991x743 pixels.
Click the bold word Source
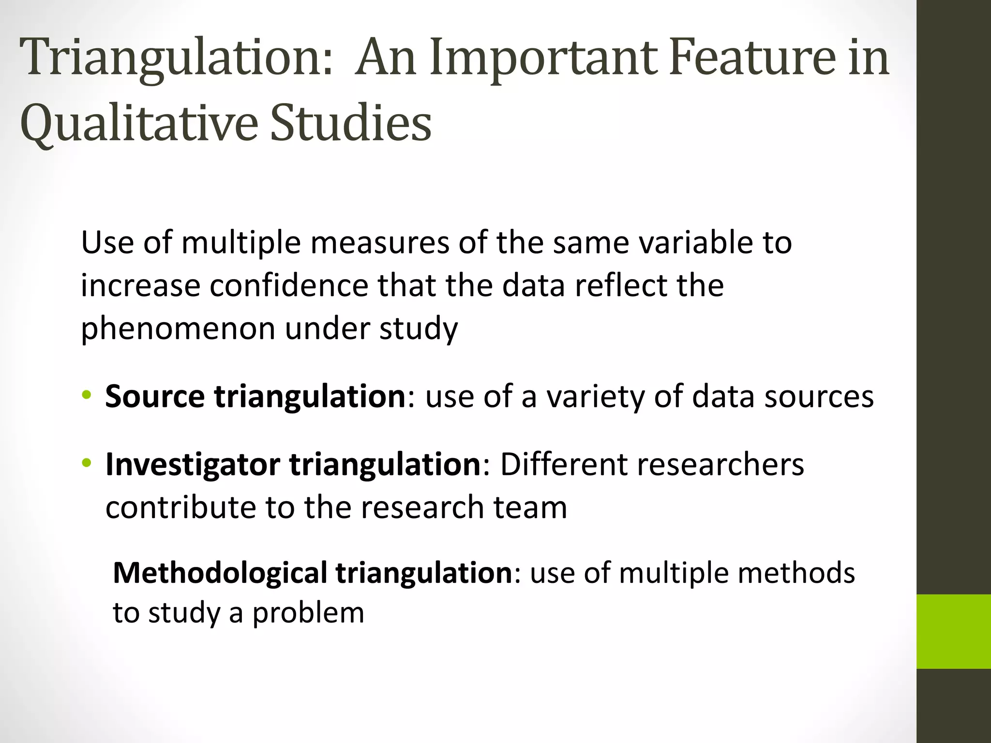155,397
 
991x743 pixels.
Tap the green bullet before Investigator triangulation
87,463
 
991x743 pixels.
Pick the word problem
308,613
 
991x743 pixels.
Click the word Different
563,464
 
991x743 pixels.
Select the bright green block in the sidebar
954,631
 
